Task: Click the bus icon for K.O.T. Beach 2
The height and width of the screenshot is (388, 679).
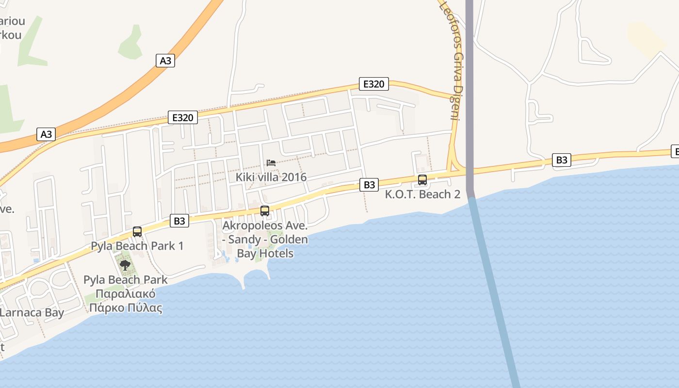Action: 422,180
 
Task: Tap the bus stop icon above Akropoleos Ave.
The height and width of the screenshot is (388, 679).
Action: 265,211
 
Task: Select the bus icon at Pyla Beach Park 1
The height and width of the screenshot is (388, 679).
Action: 137,232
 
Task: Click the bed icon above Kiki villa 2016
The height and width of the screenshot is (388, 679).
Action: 271,163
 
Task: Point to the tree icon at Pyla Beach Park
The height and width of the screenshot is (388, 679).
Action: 125,265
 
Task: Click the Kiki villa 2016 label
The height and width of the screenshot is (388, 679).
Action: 271,177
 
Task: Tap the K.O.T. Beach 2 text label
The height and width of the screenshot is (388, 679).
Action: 422,194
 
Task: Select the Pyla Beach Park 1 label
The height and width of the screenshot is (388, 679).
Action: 137,246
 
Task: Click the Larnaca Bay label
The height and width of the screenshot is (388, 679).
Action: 32,312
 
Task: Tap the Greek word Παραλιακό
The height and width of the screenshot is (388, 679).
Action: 125,294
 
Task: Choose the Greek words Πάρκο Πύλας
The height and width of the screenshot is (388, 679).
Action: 125,308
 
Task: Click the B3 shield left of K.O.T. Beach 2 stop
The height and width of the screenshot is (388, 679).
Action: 369,185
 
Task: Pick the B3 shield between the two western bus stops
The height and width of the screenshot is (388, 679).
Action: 179,221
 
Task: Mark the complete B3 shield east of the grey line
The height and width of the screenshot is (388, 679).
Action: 561,160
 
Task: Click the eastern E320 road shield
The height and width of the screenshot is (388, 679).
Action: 373,84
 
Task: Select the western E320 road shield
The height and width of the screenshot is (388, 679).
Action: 183,117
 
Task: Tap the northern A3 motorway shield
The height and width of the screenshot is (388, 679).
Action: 165,61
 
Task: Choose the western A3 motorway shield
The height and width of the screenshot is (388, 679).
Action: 46,134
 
